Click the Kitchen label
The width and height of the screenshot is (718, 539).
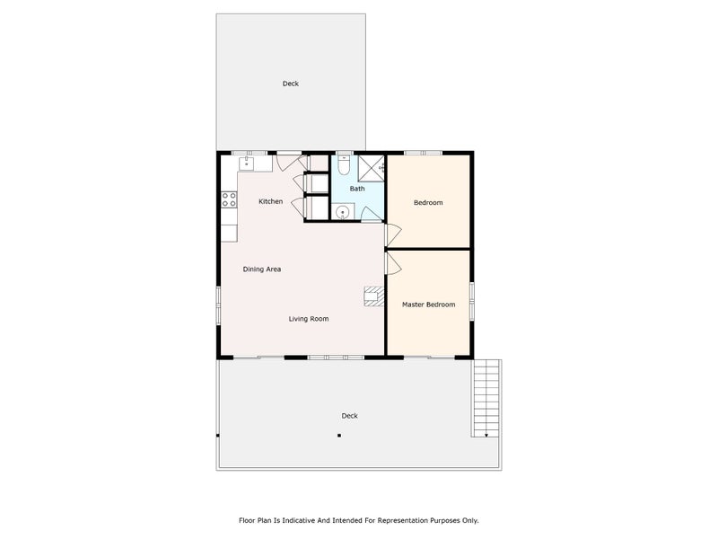point(270,201)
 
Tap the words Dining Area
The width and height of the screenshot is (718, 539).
point(262,269)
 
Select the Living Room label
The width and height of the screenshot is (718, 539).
point(308,319)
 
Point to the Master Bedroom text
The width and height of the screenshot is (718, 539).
point(428,305)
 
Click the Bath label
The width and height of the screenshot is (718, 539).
point(357,189)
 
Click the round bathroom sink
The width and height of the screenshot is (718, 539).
point(343,211)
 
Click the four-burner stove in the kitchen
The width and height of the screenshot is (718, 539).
point(229,200)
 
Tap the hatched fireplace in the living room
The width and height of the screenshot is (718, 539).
point(373,296)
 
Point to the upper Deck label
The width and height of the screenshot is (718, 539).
point(290,84)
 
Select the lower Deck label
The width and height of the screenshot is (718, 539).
point(349,415)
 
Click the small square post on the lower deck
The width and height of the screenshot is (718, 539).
point(339,436)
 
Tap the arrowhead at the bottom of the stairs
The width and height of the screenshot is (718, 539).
point(486,434)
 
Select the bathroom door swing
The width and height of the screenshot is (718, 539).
point(371,214)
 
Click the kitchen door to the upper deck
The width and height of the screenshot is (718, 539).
point(288,162)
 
